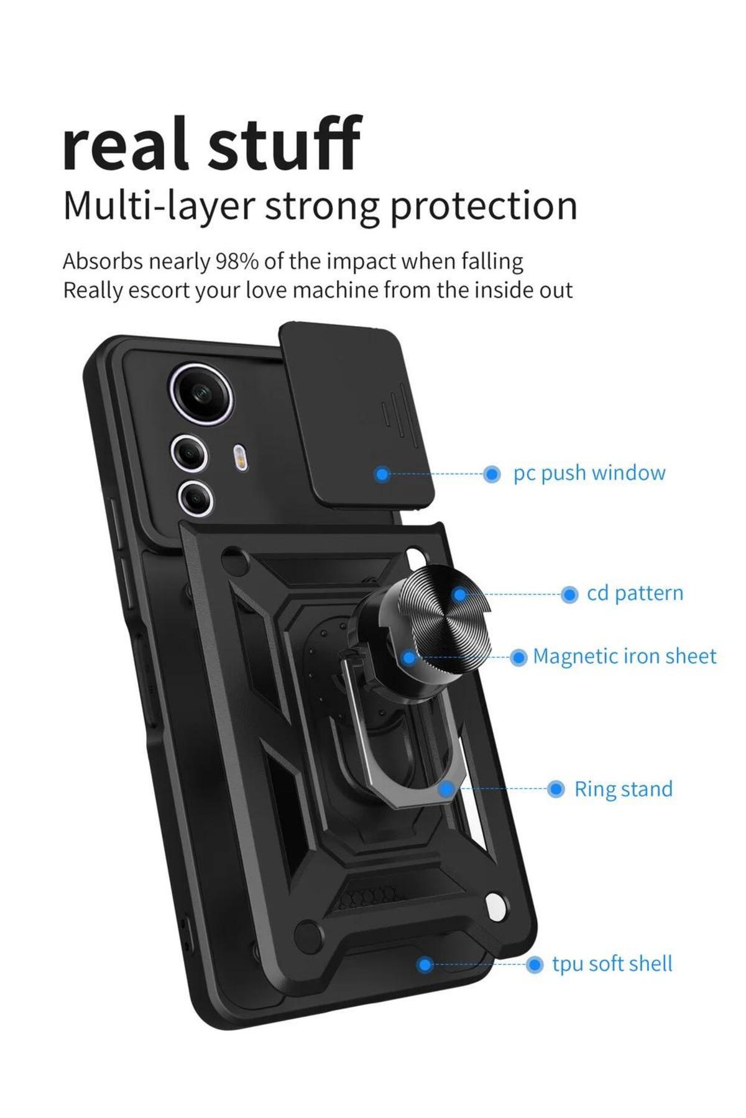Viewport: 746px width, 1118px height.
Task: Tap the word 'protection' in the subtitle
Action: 483,206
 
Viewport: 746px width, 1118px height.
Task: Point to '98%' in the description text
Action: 236,261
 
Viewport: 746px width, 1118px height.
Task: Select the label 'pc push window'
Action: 589,473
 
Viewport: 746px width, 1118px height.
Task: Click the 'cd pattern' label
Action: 635,594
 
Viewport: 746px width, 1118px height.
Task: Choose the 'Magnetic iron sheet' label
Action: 624,657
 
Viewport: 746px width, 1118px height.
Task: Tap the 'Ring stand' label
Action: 623,789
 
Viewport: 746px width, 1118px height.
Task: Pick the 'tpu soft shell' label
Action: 612,964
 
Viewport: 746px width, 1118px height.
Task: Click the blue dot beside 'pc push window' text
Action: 492,475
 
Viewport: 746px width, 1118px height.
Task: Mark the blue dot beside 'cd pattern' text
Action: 569,594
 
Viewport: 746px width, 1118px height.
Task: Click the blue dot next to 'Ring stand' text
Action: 556,789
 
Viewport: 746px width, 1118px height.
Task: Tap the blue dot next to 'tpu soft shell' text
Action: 534,965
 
